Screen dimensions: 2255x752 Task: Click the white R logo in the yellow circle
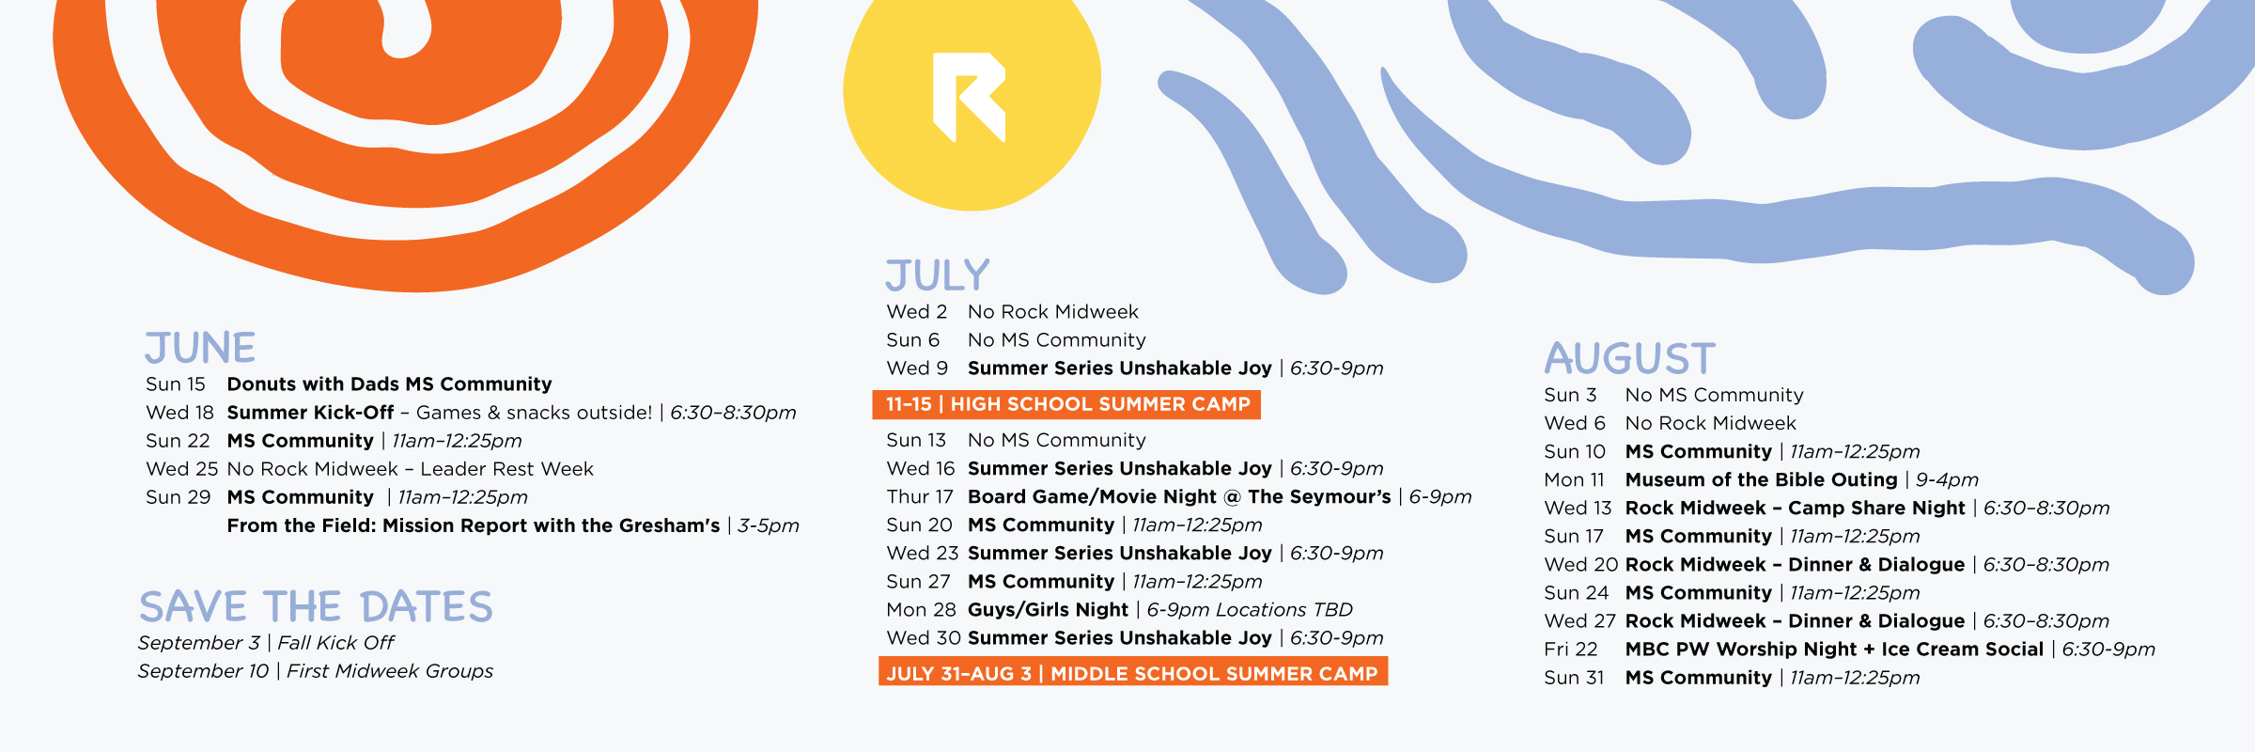[x=968, y=97]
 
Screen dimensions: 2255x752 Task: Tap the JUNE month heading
[x=200, y=348]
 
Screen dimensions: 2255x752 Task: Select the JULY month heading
[x=938, y=275]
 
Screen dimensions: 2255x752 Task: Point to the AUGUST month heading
[x=1630, y=358]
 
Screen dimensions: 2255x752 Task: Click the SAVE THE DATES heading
[x=316, y=607]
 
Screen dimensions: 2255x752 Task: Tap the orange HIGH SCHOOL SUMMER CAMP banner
[x=1066, y=404]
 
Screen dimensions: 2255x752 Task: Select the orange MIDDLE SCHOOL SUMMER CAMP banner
[x=1133, y=672]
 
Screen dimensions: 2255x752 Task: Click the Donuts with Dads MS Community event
[x=389, y=384]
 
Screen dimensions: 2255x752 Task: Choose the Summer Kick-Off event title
[x=310, y=413]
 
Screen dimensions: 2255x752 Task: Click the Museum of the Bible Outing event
[x=1762, y=480]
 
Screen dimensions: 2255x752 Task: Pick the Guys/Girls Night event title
[x=1048, y=610]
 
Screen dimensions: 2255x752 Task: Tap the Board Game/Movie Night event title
[x=1179, y=497]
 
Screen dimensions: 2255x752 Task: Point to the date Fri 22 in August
[x=1571, y=650]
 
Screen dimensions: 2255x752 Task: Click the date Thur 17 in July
[x=920, y=497]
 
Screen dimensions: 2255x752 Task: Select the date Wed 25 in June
[x=181, y=469]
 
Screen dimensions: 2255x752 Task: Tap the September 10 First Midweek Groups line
[x=316, y=671]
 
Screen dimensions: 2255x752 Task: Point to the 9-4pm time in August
[x=1947, y=480]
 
